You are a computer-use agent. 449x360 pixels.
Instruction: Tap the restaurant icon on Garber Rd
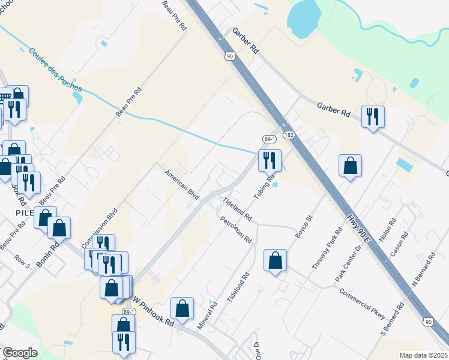[373, 116]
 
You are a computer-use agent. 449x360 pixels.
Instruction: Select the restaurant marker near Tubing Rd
[270, 160]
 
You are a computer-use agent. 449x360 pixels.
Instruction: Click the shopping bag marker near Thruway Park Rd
[350, 166]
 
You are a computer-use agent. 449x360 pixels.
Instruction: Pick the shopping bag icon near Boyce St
[275, 260]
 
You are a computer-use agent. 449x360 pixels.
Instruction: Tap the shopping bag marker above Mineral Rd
[182, 308]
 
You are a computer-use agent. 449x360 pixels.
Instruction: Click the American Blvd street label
[182, 185]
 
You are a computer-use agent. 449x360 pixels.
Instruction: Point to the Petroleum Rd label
[235, 230]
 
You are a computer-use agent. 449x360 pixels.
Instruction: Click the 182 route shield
[289, 136]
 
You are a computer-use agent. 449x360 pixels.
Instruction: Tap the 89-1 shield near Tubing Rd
[268, 139]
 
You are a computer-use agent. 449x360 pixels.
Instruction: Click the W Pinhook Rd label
[153, 310]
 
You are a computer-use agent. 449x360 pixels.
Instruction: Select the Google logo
[20, 352]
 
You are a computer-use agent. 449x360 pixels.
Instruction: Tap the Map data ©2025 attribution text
[423, 355]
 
